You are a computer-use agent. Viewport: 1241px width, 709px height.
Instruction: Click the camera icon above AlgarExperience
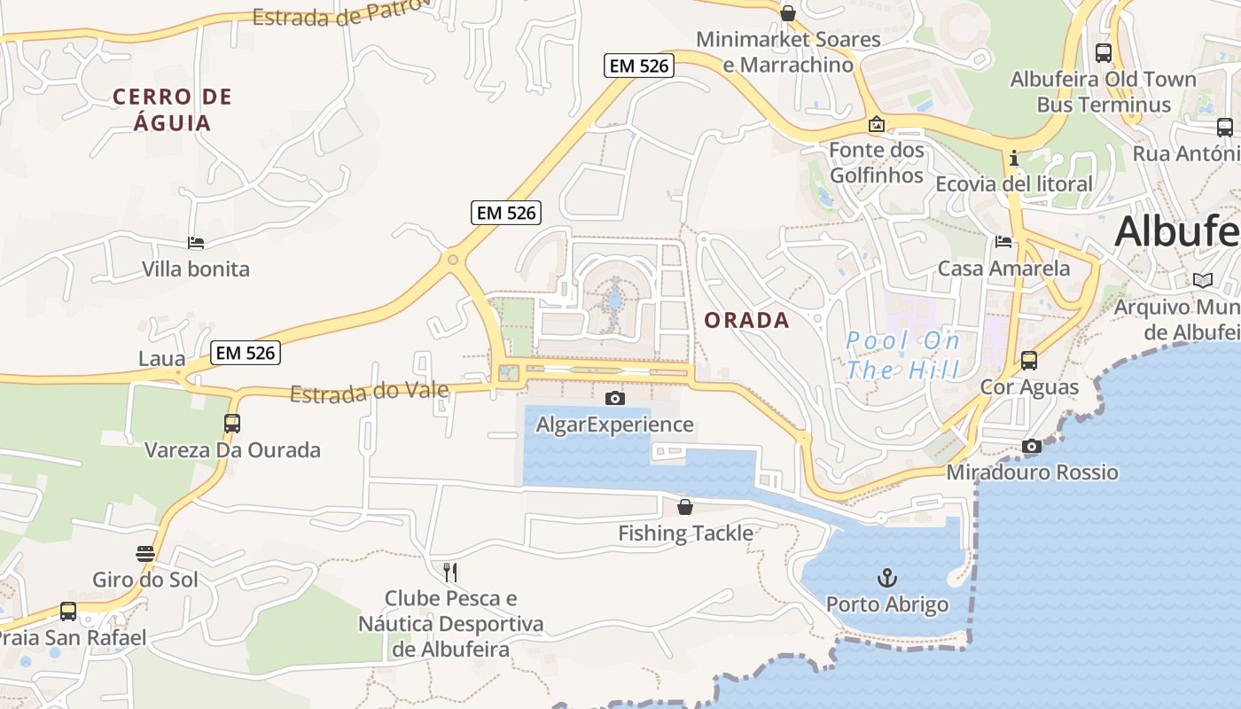614,399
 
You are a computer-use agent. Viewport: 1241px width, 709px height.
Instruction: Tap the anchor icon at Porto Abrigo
887,578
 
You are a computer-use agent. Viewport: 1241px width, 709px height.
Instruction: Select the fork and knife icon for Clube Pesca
450,572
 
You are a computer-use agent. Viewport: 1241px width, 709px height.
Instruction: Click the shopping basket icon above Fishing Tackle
685,507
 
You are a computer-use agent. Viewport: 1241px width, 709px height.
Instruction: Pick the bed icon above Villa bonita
196,242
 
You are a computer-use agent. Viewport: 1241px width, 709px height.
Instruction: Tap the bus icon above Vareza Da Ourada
232,424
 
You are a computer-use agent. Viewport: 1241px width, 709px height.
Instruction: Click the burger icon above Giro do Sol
145,554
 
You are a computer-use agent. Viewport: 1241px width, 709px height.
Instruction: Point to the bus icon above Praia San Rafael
68,611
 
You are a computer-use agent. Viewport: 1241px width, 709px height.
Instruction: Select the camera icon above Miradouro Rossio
1032,447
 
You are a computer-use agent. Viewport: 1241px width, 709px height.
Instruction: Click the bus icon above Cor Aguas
1029,361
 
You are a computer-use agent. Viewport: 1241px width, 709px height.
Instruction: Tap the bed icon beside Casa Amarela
1003,241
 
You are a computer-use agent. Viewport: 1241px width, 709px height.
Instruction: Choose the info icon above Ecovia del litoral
1014,158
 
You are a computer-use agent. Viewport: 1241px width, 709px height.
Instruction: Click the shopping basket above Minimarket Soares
787,13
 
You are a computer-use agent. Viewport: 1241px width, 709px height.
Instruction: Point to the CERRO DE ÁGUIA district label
172,109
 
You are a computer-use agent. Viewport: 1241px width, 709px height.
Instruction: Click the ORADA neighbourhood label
746,320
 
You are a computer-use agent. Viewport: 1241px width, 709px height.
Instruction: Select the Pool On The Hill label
903,354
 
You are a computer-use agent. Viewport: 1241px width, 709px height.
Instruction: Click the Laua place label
162,359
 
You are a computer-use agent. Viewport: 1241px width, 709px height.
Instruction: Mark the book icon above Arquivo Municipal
1202,281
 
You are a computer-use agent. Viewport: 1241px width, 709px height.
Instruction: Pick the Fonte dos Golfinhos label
877,162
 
